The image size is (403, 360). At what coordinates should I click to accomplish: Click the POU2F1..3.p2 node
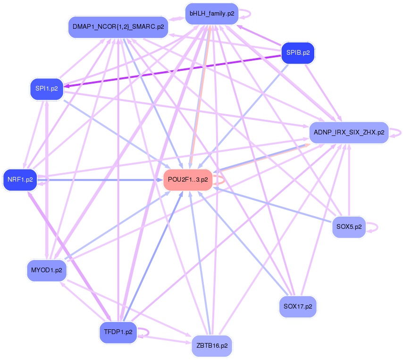tap(188, 180)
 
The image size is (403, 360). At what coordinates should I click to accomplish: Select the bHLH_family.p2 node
tap(211, 14)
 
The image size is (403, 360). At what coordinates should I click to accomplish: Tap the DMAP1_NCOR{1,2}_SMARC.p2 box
tap(118, 27)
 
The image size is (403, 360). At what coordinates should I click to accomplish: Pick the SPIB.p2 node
tap(298, 53)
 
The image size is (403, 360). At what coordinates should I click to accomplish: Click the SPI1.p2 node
tap(47, 88)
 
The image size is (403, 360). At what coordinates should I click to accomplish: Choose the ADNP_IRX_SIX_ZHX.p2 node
tap(349, 133)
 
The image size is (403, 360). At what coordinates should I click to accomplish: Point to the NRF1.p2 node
tap(20, 179)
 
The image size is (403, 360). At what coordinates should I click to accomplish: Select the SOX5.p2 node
tap(349, 227)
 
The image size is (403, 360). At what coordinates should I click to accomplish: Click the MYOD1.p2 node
tap(46, 270)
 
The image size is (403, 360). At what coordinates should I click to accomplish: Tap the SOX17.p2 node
tap(298, 306)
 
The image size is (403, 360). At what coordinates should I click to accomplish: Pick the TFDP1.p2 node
tap(118, 332)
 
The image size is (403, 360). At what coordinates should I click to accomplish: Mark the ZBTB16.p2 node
tap(212, 346)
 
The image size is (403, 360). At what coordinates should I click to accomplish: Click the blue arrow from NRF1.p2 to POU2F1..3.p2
tap(99, 180)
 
